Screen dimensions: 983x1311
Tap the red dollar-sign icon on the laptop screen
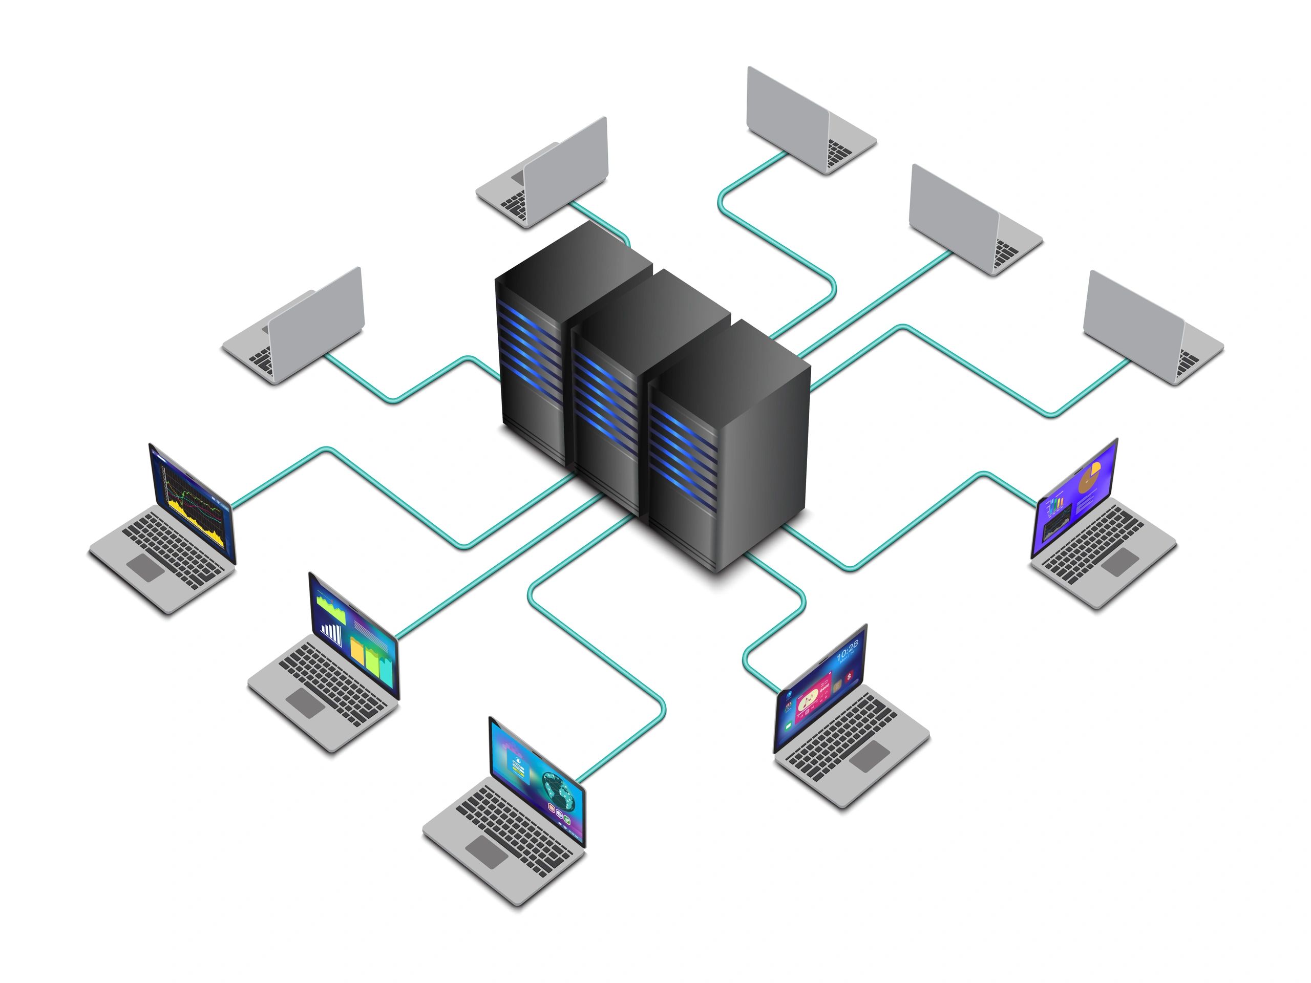[x=850, y=675]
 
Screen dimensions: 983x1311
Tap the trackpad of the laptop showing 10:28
[x=870, y=756]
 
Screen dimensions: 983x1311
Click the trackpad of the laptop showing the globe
[x=487, y=851]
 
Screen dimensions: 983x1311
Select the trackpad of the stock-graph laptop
[x=145, y=567]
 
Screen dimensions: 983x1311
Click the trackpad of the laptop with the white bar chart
[x=305, y=702]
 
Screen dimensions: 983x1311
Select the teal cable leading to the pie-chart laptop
[x=924, y=521]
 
